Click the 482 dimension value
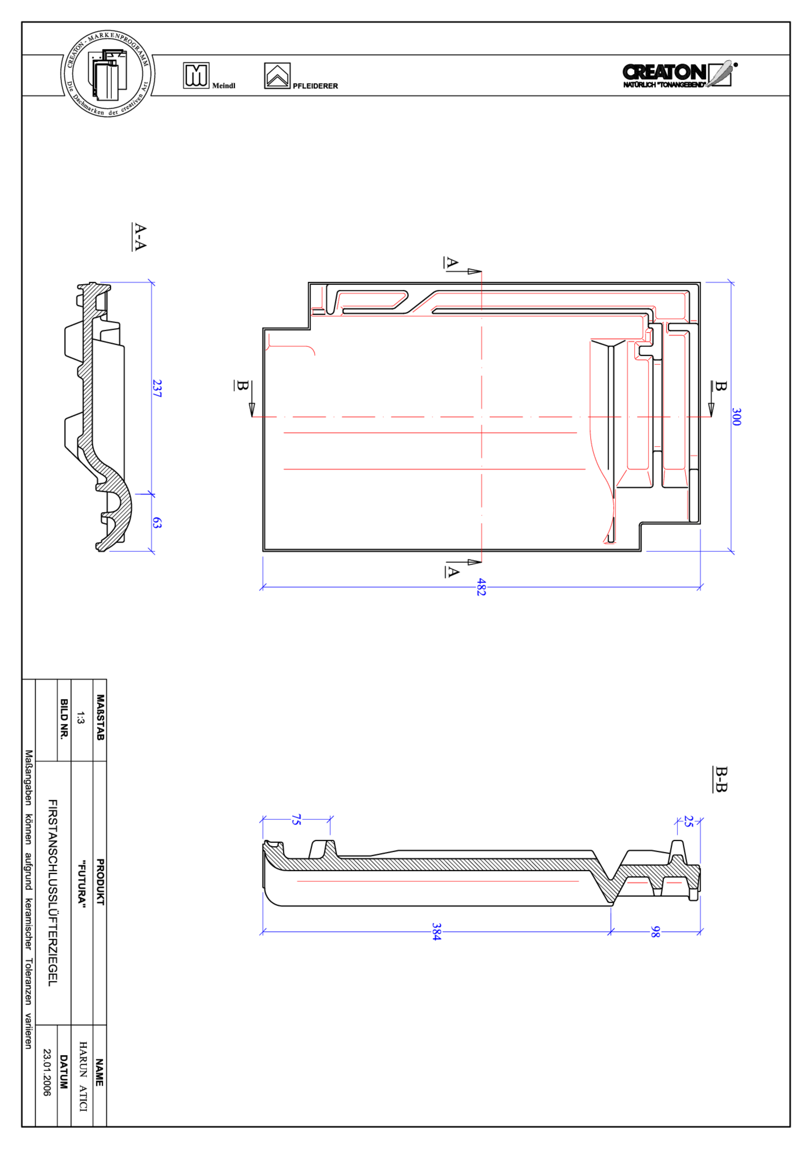(x=481, y=587)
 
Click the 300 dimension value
(x=736, y=417)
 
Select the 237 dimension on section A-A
(x=157, y=388)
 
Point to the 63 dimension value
(x=157, y=523)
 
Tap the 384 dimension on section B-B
(x=437, y=932)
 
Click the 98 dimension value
(x=655, y=931)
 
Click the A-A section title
(x=140, y=237)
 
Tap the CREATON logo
(x=679, y=74)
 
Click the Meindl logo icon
(x=196, y=75)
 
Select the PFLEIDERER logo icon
(x=277, y=76)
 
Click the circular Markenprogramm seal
(x=107, y=74)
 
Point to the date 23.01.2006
(x=47, y=1072)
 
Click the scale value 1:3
(x=81, y=718)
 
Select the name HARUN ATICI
(x=83, y=1076)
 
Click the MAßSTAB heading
(x=100, y=717)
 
